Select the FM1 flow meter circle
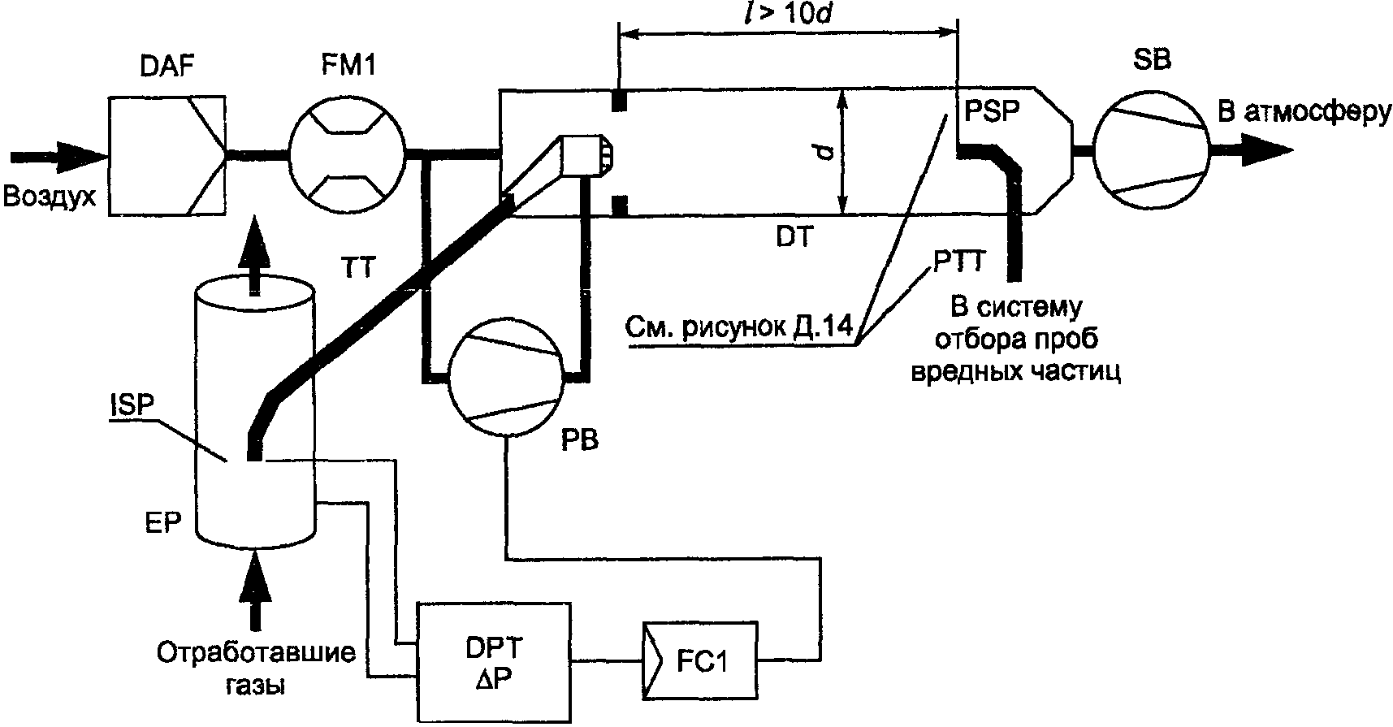(347, 153)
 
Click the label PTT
(958, 262)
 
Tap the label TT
(357, 267)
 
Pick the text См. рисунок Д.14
(738, 327)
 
